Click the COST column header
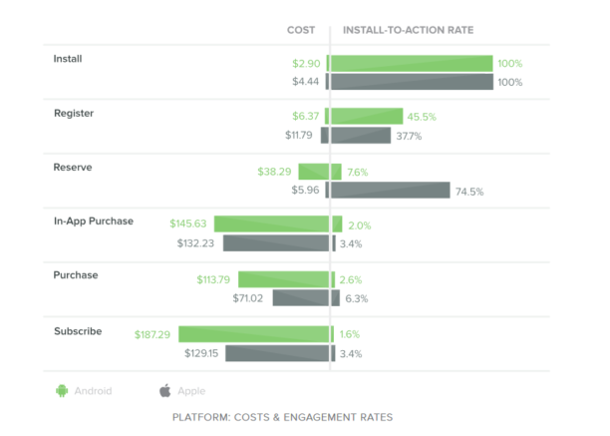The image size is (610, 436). [301, 30]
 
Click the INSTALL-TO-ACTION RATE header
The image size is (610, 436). [408, 30]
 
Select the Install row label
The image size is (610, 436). [68, 59]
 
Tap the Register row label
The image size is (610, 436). [73, 114]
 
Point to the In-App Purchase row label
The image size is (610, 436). [93, 220]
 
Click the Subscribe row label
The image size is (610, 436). [77, 330]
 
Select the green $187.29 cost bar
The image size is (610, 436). [254, 334]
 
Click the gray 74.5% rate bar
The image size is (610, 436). [391, 191]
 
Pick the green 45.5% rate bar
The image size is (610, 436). [367, 117]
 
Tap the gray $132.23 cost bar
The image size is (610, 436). [276, 243]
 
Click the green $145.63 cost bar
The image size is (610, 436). [271, 224]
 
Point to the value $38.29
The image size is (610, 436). [276, 172]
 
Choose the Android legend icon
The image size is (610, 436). [61, 391]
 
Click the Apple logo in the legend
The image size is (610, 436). [164, 391]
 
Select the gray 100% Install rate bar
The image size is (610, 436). [412, 82]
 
